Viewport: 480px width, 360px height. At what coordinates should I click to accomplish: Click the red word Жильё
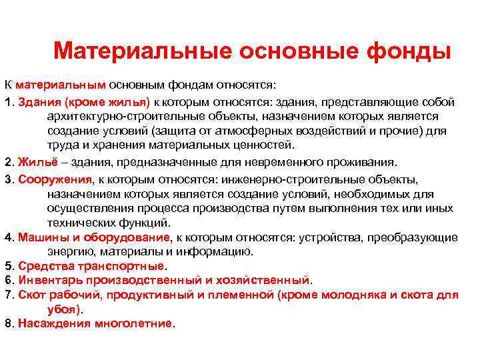(33, 162)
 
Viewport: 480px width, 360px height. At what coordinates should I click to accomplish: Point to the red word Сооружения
(55, 179)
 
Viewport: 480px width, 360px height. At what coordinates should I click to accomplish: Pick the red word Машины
(39, 237)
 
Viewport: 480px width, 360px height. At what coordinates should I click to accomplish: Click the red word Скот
(31, 295)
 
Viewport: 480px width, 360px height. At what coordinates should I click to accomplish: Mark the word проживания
(362, 162)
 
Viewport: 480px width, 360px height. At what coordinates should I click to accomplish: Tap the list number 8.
(7, 323)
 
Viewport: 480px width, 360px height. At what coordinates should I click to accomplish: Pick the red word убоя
(63, 309)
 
